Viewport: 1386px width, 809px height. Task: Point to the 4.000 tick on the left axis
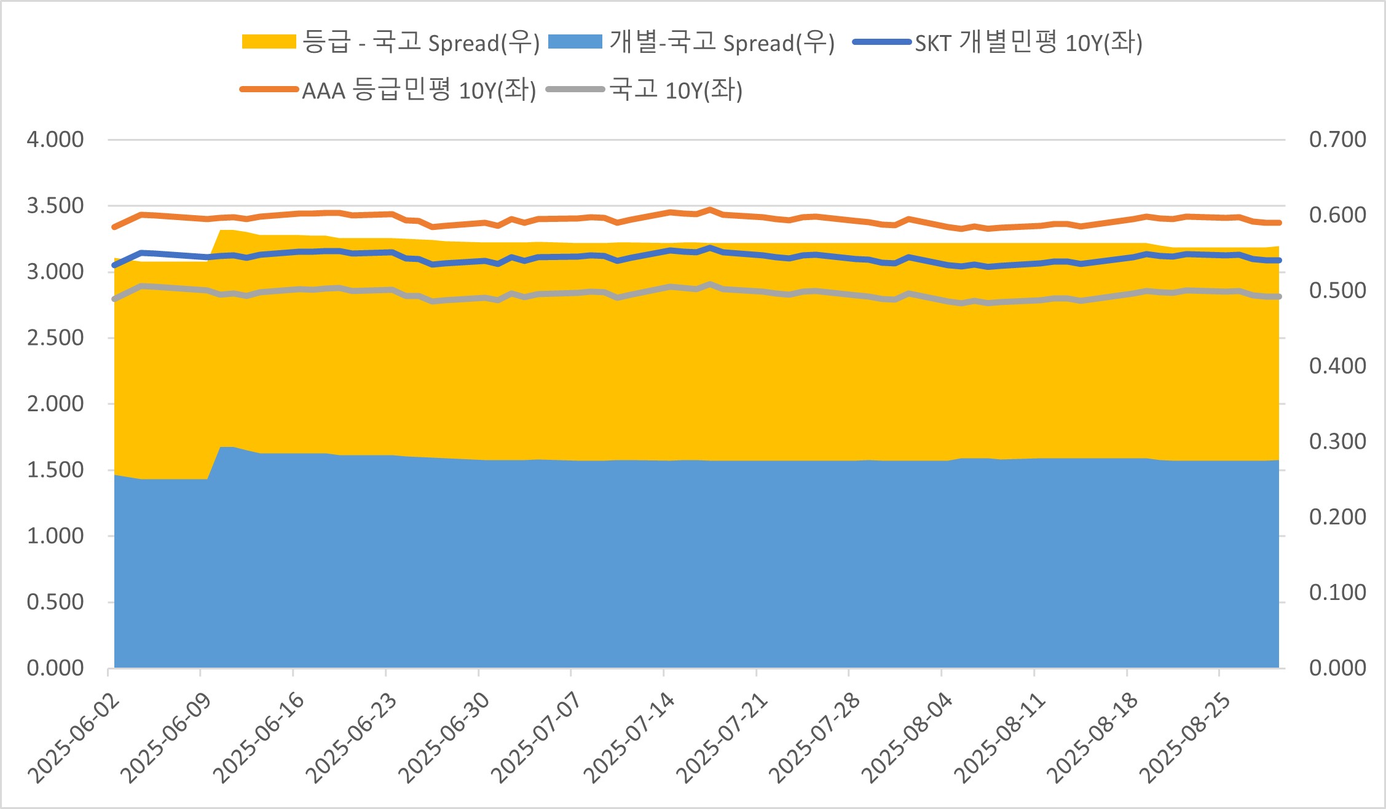tap(55, 140)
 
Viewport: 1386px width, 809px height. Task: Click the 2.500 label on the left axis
tap(55, 337)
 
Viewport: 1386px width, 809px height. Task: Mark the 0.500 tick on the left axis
tap(55, 602)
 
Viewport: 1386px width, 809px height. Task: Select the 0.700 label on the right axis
tap(1337, 140)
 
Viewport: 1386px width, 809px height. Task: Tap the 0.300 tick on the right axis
tap(1337, 441)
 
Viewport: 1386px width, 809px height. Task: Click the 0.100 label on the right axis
tap(1337, 593)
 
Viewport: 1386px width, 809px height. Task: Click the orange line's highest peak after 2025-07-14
tap(710, 210)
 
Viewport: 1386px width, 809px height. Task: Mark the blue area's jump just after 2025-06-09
tap(221, 448)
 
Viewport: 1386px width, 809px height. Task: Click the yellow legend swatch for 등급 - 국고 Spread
tap(269, 42)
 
